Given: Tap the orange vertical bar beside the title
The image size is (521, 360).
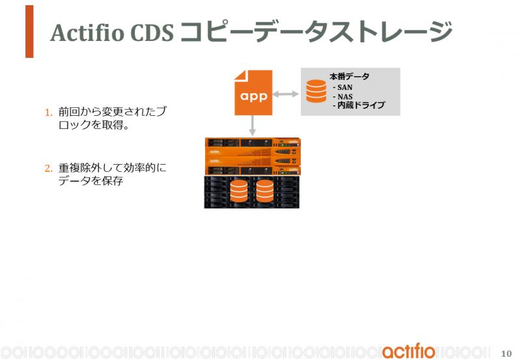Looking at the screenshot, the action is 29,31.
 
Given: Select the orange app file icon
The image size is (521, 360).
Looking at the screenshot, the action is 253,92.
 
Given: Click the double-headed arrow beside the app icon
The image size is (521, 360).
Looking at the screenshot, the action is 286,94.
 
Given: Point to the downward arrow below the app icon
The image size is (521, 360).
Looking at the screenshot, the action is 253,126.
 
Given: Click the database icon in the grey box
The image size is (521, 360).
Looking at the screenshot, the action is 316,91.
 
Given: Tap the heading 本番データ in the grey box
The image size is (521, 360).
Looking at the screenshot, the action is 349,77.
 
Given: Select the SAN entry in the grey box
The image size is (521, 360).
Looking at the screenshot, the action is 343,87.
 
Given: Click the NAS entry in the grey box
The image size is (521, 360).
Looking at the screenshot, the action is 343,96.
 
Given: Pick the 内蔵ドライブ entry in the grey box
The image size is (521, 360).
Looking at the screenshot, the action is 359,105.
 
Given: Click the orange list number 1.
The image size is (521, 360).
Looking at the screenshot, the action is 48,113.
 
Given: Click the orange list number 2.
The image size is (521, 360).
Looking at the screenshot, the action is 48,169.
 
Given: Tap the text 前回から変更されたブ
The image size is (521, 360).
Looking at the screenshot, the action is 112,111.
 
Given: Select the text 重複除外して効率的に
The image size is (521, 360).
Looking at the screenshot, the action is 112,168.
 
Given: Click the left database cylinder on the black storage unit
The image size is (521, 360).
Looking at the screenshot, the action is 239,191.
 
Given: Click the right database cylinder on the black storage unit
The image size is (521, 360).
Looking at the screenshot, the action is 265,191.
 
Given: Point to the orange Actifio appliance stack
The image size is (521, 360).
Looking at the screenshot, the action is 253,156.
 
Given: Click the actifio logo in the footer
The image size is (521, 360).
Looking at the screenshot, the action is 408,351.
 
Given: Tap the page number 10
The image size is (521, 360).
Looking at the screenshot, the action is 507,353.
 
